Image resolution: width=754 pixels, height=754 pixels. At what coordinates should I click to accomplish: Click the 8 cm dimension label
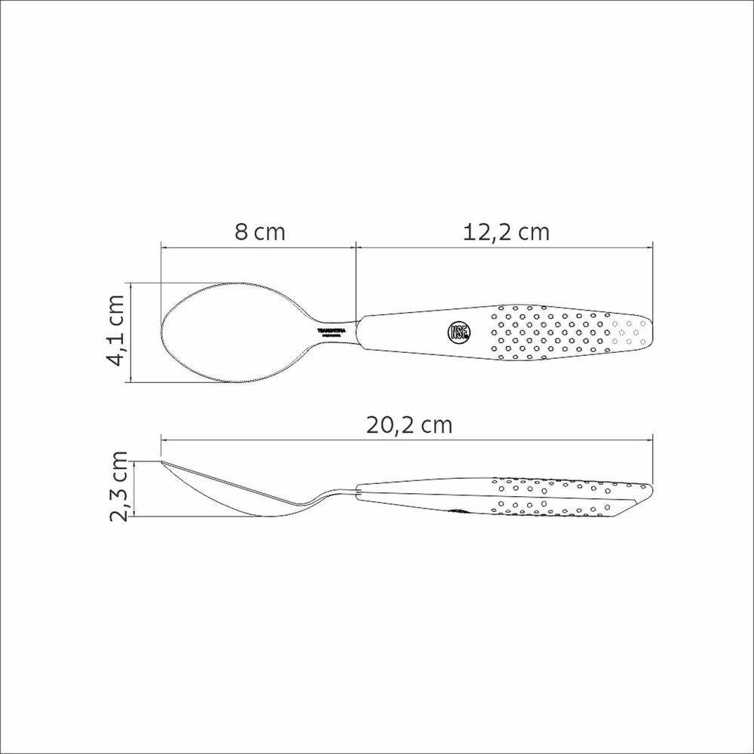coord(259,231)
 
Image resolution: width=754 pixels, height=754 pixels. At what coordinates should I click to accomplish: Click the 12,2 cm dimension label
coord(506,231)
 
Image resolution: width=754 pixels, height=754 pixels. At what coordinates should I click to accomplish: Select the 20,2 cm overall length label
coord(409,425)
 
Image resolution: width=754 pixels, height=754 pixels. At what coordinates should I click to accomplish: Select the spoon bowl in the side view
coord(226,494)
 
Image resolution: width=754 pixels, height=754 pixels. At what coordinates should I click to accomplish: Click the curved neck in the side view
coord(320,498)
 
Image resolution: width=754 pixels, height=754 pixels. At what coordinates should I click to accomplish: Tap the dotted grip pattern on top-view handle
coord(558,331)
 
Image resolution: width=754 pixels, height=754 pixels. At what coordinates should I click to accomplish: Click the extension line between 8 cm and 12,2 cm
coord(355,279)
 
